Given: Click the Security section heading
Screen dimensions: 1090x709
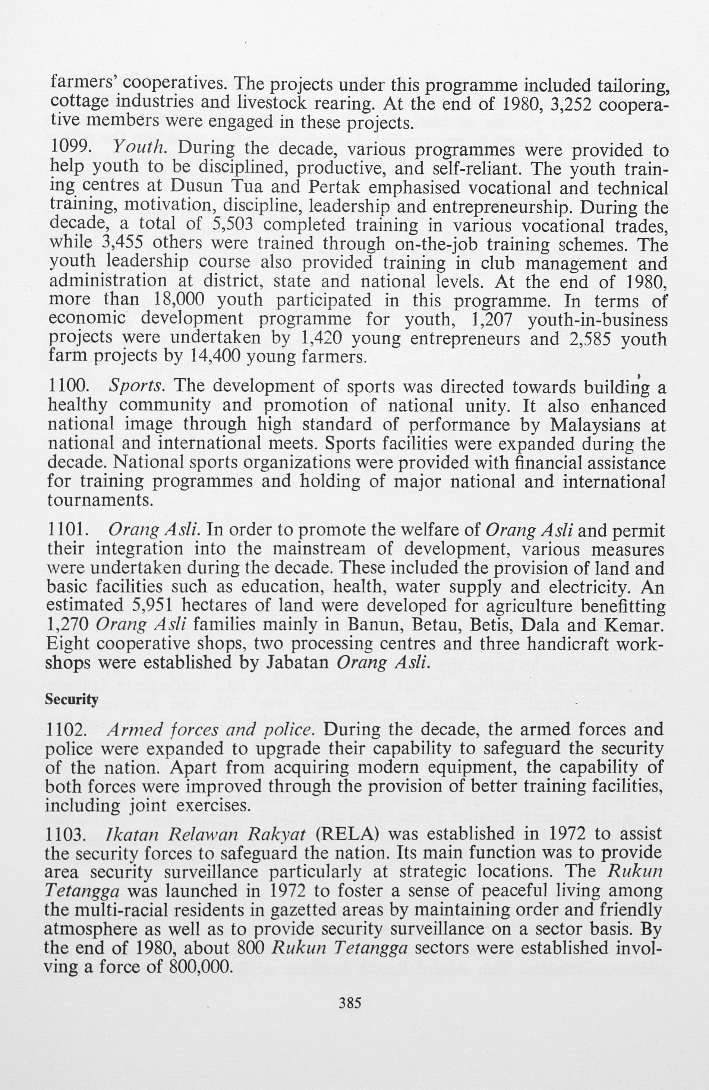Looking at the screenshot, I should click(x=72, y=700).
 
